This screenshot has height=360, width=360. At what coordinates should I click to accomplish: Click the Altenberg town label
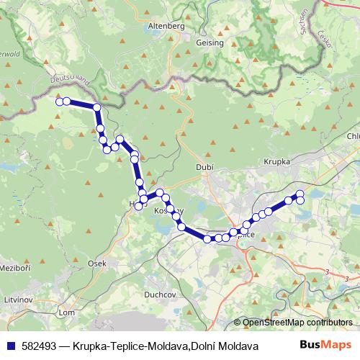click(166, 26)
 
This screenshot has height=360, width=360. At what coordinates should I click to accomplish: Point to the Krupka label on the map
click(276, 163)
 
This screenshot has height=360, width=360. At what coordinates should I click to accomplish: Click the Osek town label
click(96, 264)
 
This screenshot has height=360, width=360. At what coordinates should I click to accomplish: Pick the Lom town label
click(66, 312)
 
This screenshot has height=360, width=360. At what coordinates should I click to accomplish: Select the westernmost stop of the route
click(60, 102)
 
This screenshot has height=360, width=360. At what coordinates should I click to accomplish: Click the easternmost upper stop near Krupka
click(300, 194)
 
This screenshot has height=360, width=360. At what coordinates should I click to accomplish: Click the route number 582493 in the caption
click(40, 346)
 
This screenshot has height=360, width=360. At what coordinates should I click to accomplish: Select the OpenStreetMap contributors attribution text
click(297, 322)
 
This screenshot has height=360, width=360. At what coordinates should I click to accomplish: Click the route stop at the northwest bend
click(96, 108)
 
